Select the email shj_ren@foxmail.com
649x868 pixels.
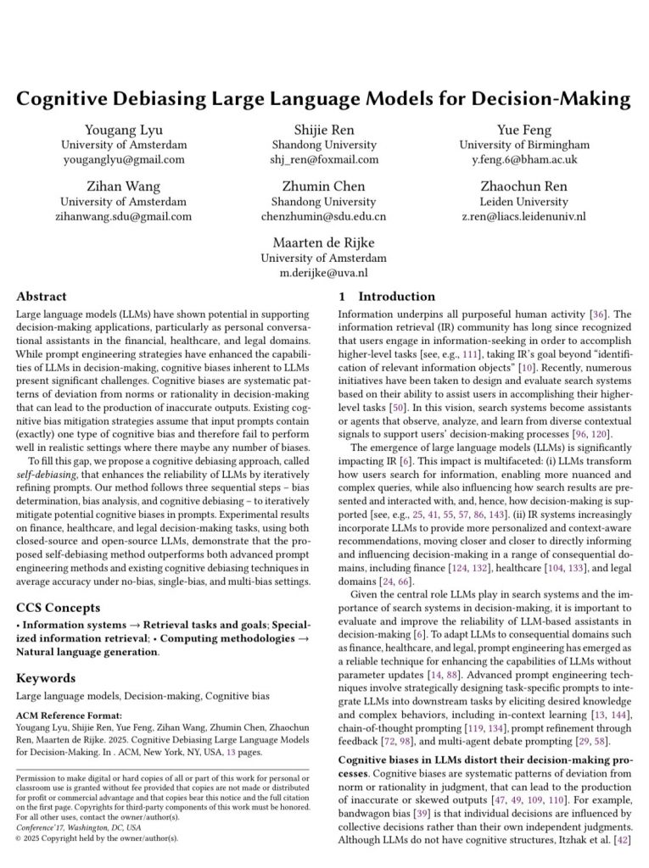[x=324, y=159]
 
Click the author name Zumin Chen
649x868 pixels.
[x=324, y=186]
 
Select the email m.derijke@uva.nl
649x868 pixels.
[x=324, y=273]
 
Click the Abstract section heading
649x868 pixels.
[x=42, y=298]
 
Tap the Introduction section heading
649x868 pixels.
[x=396, y=298]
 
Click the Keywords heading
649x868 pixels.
[x=47, y=678]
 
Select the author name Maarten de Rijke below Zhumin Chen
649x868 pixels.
[x=324, y=243]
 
